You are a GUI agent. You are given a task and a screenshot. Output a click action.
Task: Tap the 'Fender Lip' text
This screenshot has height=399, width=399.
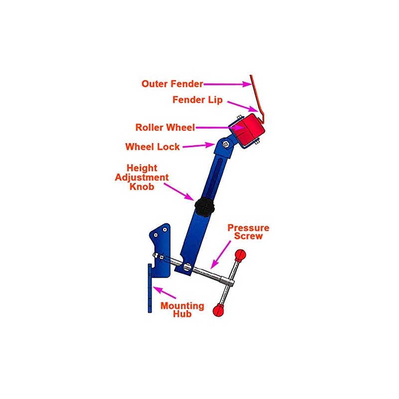(197, 100)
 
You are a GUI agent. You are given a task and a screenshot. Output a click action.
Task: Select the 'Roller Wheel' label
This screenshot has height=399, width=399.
(165, 127)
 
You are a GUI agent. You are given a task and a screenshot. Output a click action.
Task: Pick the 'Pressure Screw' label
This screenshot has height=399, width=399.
(248, 232)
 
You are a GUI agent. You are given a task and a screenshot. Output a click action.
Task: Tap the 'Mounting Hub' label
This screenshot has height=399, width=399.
(182, 310)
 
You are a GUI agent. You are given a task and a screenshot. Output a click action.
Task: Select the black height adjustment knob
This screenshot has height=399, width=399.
(204, 205)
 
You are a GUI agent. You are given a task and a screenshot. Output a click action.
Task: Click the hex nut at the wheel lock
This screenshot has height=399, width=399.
(225, 144)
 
